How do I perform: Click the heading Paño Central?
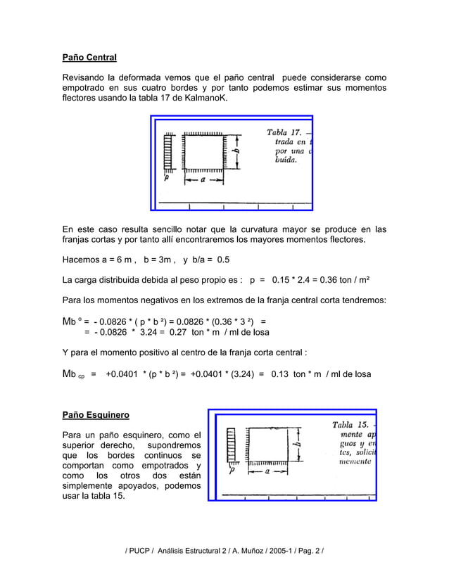coord(89,57)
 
